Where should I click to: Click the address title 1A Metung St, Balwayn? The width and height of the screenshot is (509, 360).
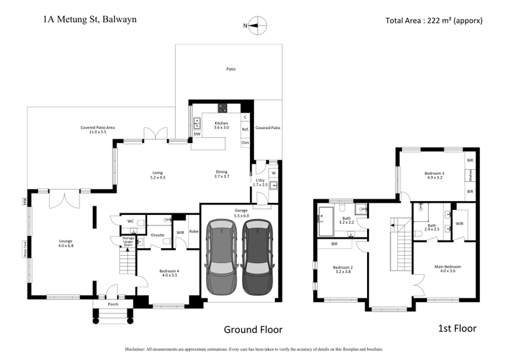click(x=89, y=19)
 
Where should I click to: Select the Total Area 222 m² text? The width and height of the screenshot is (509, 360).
click(x=434, y=20)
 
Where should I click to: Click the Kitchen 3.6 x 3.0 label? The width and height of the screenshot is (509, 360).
click(x=221, y=125)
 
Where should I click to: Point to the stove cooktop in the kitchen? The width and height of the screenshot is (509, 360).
click(x=223, y=107)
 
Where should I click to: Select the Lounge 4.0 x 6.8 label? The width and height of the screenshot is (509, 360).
click(x=66, y=242)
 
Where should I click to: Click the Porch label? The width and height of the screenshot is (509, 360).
click(x=113, y=304)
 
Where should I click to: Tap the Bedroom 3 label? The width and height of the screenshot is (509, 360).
click(x=435, y=176)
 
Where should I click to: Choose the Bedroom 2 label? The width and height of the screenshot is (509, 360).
click(x=342, y=270)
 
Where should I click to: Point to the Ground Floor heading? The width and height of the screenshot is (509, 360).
click(x=253, y=329)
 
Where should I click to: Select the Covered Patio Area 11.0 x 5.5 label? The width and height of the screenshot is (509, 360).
click(x=97, y=130)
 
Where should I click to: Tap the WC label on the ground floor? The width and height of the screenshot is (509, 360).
click(x=130, y=221)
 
